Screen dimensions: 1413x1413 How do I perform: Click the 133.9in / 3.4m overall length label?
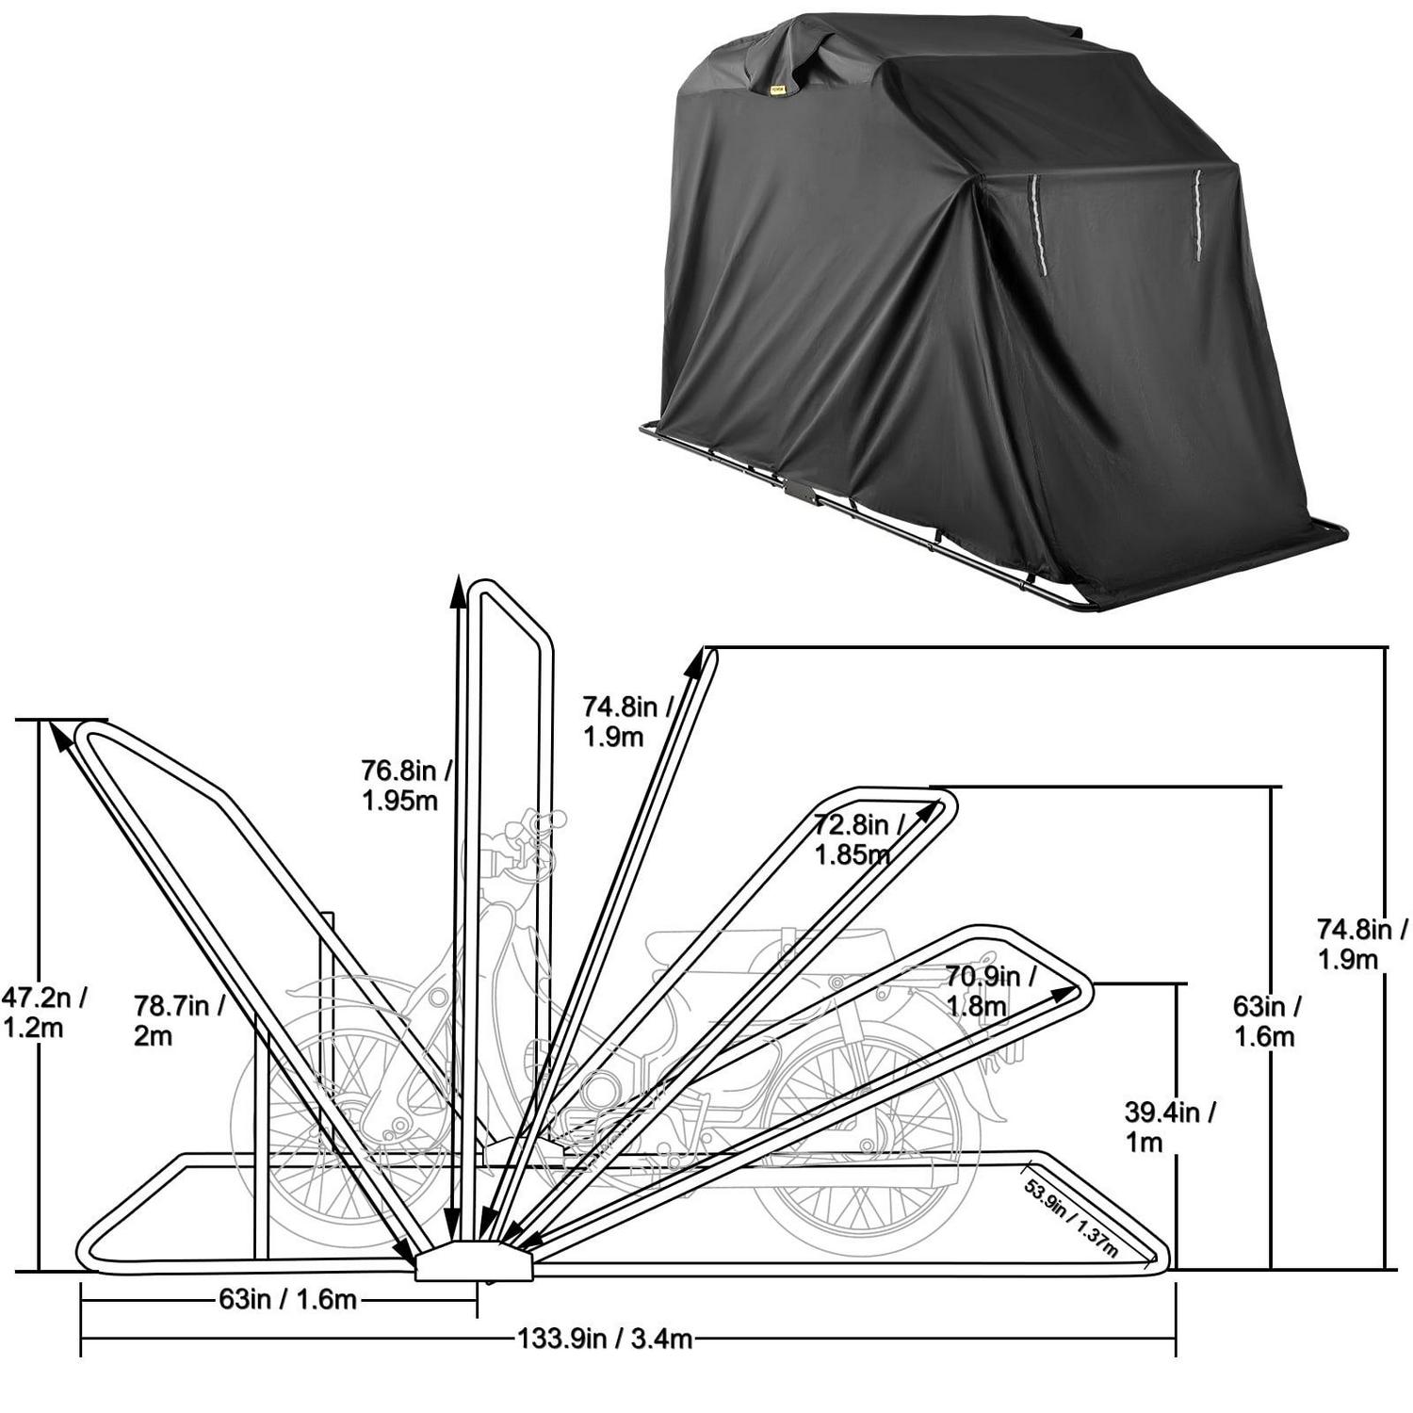[605, 1338]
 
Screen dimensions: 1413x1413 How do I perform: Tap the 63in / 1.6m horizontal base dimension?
[288, 1300]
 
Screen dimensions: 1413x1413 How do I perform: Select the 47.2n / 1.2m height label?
[43, 1012]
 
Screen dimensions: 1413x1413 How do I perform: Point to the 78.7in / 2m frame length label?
[179, 1019]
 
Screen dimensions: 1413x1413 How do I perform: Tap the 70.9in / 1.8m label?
[989, 991]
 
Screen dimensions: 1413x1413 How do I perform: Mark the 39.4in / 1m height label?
[1168, 1127]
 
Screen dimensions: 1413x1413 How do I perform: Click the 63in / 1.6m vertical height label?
[1267, 1021]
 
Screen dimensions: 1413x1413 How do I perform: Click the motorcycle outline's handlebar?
[523, 834]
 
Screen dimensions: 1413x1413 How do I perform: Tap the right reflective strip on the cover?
[1198, 217]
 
